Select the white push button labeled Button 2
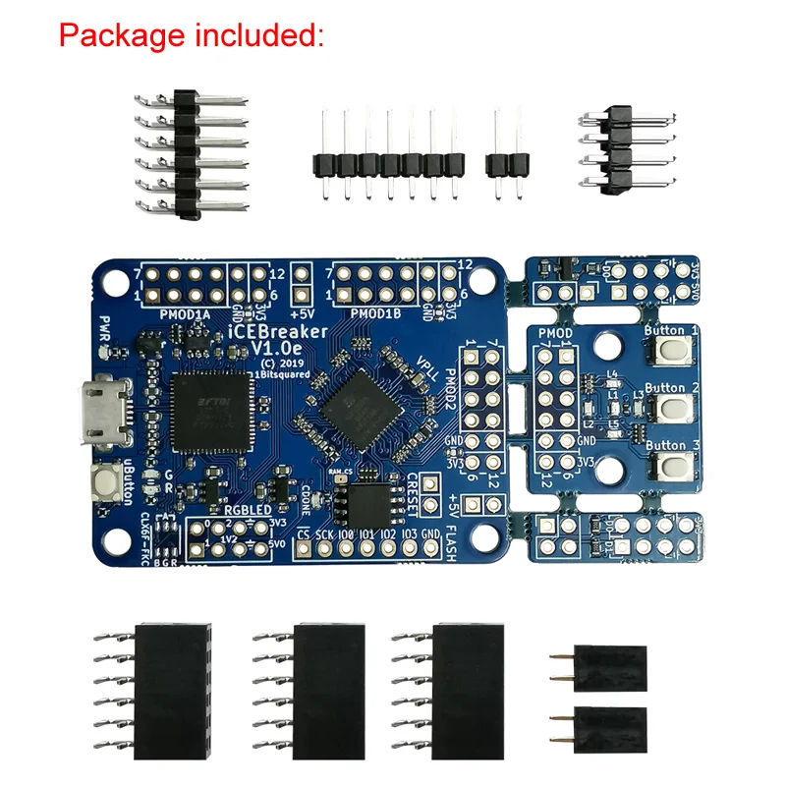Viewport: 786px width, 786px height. tap(672, 408)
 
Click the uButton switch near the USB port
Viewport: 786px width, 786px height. tap(101, 482)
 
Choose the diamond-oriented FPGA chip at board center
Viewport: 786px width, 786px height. tap(357, 403)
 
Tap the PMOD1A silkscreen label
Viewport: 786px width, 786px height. tap(186, 314)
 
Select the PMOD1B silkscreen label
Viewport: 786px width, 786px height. tap(376, 314)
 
